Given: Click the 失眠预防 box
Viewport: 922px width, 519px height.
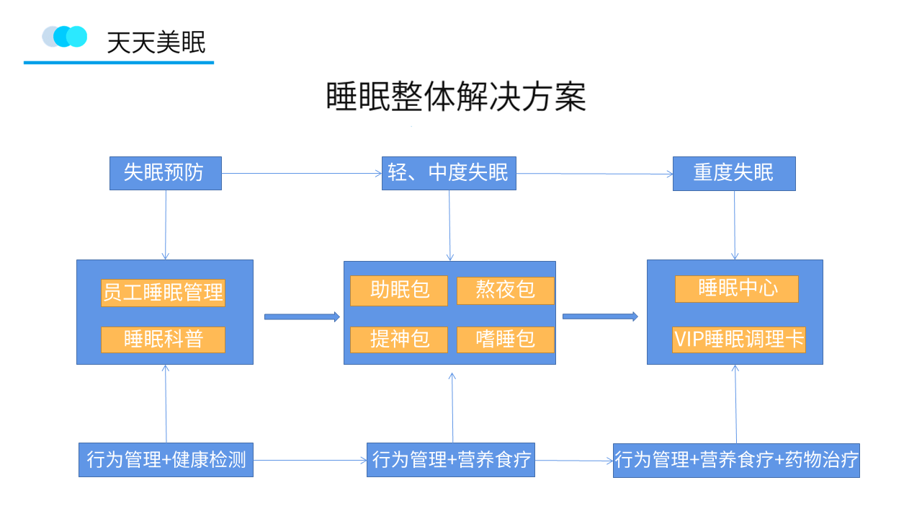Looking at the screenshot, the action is pyautogui.click(x=166, y=173).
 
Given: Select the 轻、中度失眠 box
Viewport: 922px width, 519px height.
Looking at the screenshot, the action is pyautogui.click(x=449, y=173).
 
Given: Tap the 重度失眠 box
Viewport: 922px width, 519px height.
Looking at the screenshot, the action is pyautogui.click(x=734, y=174).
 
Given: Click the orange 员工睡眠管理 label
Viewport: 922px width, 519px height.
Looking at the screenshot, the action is pyautogui.click(x=163, y=293).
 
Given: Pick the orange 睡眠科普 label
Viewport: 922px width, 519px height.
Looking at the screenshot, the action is pyautogui.click(x=163, y=340).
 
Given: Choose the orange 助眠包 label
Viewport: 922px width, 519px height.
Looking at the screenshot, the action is pyautogui.click(x=399, y=290).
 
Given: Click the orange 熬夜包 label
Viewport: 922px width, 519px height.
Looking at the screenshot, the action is pyautogui.click(x=506, y=290).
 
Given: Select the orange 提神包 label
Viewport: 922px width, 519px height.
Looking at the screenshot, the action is pyautogui.click(x=399, y=340).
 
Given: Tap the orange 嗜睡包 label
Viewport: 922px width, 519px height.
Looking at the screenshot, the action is pyautogui.click(x=506, y=340).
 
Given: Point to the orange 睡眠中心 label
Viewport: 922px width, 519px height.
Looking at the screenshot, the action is pyautogui.click(x=736, y=289).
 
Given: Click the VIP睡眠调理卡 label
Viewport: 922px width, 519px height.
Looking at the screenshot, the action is pyautogui.click(x=739, y=340).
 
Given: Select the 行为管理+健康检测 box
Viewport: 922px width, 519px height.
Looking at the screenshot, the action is pyautogui.click(x=166, y=460).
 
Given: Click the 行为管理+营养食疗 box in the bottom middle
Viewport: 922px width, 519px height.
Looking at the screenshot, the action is pyautogui.click(x=451, y=460).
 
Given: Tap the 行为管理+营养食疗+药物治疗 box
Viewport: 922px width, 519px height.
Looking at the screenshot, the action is pyautogui.click(x=736, y=461).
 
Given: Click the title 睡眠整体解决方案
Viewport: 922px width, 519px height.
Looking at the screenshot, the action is pyautogui.click(x=456, y=97).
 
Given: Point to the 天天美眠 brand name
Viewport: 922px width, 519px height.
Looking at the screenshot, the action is pyautogui.click(x=156, y=42).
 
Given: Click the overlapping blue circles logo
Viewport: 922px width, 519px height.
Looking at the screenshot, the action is pyautogui.click(x=65, y=37).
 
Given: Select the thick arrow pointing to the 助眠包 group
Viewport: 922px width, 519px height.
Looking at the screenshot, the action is pyautogui.click(x=302, y=316).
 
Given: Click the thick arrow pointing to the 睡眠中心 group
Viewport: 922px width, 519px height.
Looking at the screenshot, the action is pyautogui.click(x=600, y=316).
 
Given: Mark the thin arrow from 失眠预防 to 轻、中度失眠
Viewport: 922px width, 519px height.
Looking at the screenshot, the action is pyautogui.click(x=302, y=174).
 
